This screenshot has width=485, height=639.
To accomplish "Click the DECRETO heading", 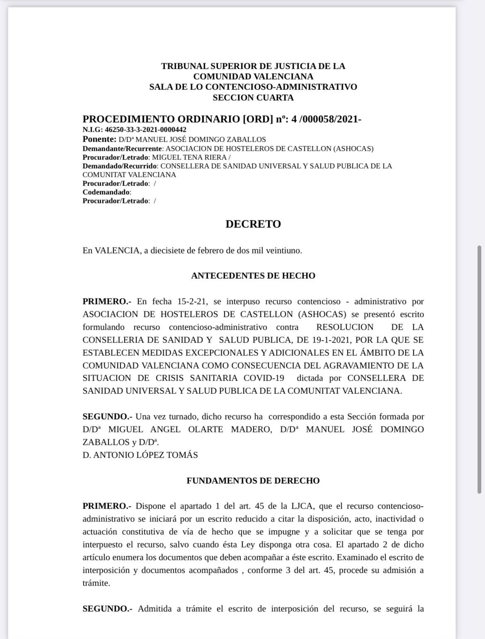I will tap(253, 224).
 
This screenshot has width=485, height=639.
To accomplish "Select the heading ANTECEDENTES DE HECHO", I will tap(253, 276).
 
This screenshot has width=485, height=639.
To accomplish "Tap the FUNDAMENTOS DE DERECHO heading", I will tap(253, 481).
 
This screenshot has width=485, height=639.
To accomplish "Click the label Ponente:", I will tap(99, 140).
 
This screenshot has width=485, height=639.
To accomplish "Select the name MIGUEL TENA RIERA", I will tap(189, 157).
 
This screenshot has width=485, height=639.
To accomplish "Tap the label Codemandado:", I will tap(107, 192).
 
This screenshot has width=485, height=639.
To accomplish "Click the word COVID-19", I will tap(264, 378).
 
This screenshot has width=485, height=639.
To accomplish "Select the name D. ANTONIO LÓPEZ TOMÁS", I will tap(140, 455).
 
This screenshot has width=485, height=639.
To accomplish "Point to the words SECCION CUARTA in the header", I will tap(253, 98).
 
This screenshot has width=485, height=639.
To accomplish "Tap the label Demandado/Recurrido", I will tap(120, 166).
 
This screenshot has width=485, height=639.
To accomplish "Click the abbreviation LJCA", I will tap(302, 506).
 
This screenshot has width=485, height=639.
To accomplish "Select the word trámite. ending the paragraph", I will tap(97, 583).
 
